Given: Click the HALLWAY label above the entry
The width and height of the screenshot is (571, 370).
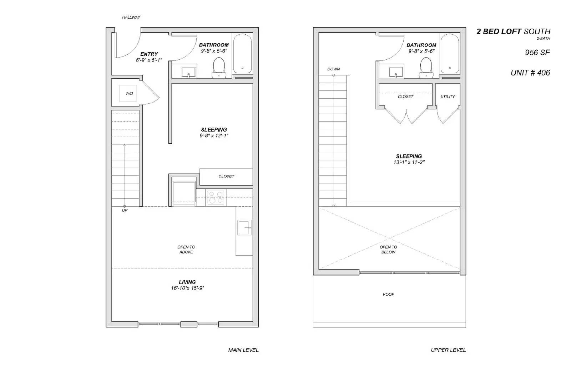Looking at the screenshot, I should (x=131, y=17).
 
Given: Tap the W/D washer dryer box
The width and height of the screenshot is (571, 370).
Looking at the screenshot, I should (x=128, y=93).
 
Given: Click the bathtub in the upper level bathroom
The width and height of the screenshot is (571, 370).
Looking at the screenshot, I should (x=449, y=54).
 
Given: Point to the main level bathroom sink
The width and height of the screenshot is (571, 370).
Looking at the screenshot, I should (x=188, y=71).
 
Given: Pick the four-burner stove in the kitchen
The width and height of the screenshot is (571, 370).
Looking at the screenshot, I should (x=216, y=198).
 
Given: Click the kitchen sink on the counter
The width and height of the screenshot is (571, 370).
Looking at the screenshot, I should (x=245, y=228).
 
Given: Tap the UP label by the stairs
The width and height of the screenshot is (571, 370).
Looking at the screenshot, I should (x=125, y=211).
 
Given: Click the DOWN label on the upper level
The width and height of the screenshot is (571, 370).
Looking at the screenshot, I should (x=333, y=69).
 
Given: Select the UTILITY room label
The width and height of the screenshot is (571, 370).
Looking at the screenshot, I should (x=448, y=97).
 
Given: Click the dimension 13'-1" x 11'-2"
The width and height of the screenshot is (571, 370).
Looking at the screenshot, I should (x=409, y=162).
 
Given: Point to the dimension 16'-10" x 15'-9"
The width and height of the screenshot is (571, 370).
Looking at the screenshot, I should (x=187, y=288).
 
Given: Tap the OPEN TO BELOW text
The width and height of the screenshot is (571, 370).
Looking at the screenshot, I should (x=388, y=250).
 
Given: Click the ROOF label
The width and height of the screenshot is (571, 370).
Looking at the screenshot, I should (x=388, y=295).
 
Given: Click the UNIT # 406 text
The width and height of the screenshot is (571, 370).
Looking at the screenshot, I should (x=530, y=73).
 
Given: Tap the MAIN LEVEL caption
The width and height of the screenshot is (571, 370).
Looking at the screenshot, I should (x=243, y=350).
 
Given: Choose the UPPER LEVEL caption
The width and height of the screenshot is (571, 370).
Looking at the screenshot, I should (x=448, y=350).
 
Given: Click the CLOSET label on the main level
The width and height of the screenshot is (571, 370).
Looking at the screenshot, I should (x=226, y=176).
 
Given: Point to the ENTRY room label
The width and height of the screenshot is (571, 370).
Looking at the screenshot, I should (x=149, y=54).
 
